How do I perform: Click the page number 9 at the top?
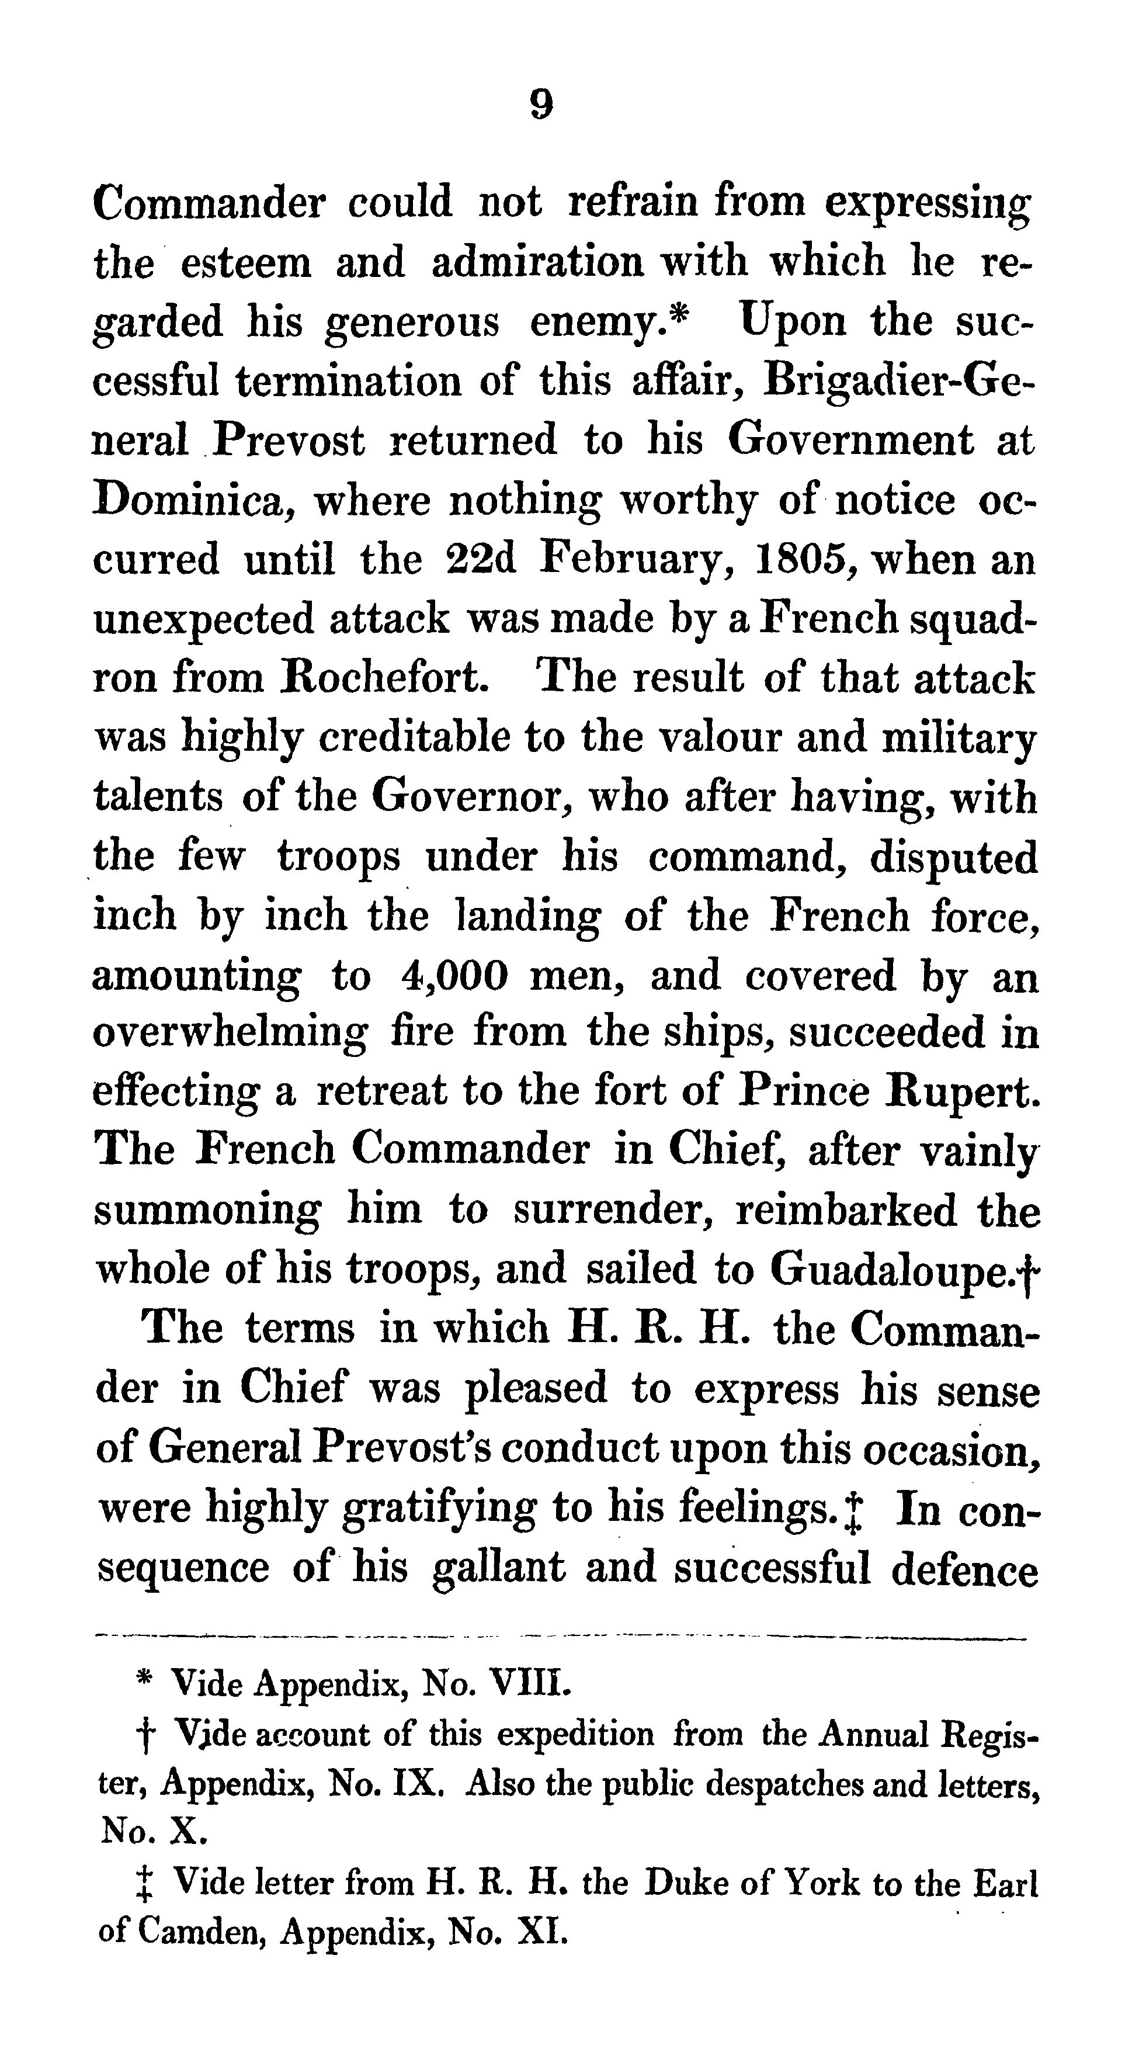point(541,105)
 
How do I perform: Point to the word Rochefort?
point(387,678)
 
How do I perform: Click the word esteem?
point(245,262)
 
